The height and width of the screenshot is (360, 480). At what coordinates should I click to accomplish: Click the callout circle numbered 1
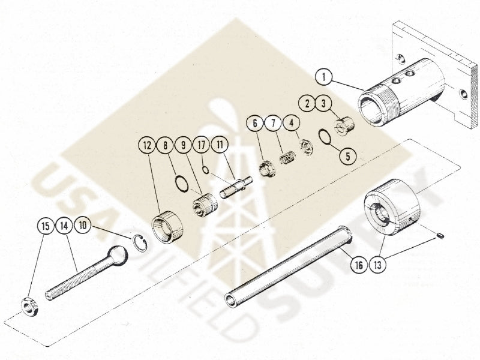(324, 77)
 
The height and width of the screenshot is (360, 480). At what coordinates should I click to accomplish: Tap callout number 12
(146, 145)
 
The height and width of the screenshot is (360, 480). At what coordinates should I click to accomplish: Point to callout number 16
(358, 263)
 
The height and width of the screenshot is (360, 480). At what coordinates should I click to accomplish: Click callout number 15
(44, 227)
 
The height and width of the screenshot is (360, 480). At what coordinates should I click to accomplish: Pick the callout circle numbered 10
(83, 226)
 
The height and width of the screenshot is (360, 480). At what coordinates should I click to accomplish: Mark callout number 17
(200, 145)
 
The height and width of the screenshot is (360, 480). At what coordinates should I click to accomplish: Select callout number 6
(254, 123)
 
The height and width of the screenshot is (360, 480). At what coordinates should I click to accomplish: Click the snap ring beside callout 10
(140, 244)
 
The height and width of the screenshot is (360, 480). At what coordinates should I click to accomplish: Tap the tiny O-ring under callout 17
(205, 170)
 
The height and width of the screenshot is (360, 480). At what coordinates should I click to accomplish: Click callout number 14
(64, 227)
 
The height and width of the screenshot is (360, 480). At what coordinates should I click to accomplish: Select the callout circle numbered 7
(272, 123)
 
